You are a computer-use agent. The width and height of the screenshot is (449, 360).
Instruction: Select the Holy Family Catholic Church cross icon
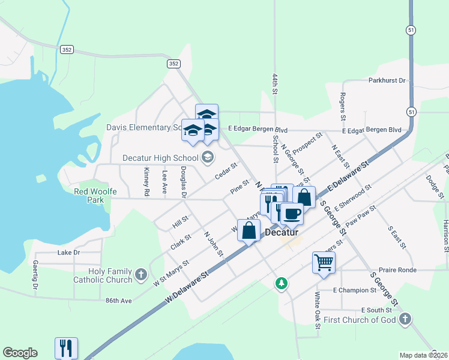click(141, 275)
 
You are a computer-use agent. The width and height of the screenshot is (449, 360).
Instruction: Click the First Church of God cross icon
click(405, 319)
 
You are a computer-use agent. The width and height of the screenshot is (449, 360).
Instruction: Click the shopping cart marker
click(324, 262)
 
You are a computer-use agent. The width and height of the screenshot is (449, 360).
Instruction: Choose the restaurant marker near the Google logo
click(66, 347)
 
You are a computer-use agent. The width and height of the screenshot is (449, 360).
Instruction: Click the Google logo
click(20, 353)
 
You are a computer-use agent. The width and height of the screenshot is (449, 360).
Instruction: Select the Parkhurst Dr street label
click(387, 80)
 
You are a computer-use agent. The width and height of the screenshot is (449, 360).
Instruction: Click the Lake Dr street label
click(68, 253)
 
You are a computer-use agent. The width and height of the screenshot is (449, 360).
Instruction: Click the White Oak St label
click(317, 306)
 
